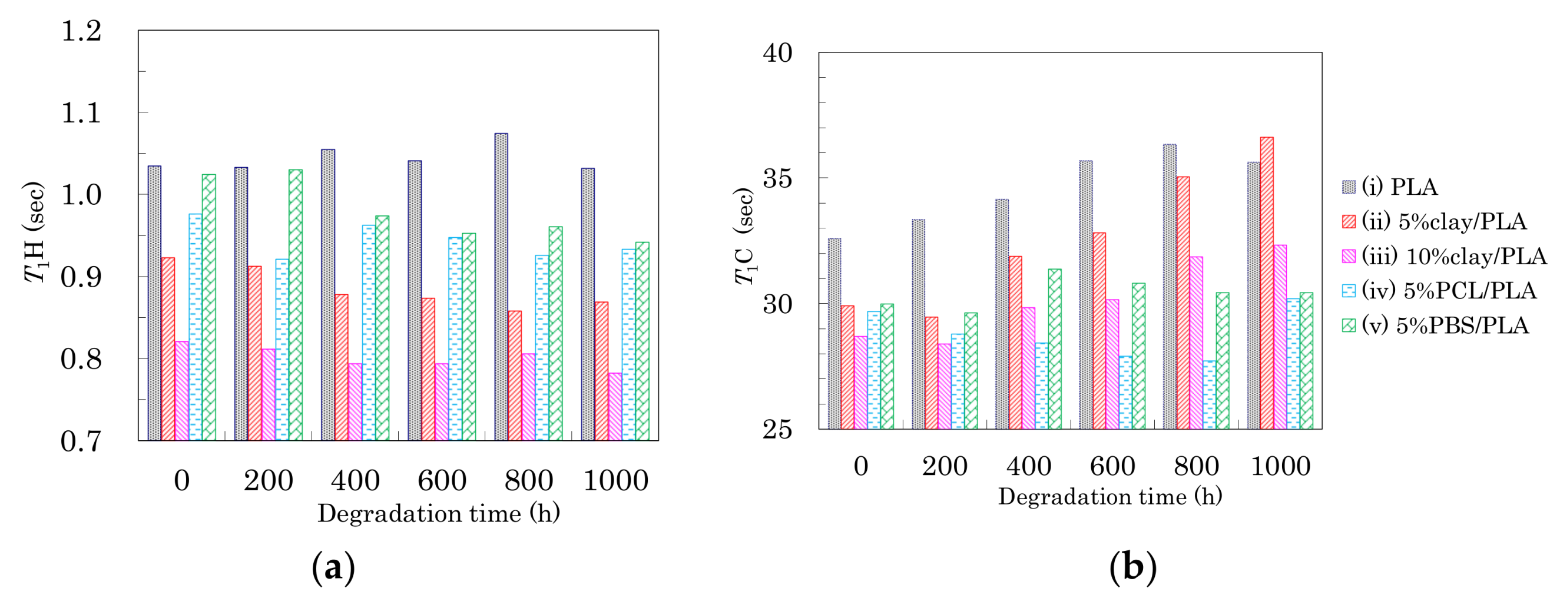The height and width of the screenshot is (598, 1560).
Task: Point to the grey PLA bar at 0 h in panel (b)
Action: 834,334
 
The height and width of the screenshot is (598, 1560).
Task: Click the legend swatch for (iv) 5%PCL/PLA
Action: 1349,291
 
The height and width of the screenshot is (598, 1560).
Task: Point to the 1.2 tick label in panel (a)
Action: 81,31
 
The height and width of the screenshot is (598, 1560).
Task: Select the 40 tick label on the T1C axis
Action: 777,52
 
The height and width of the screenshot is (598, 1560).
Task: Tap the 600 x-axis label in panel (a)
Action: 442,481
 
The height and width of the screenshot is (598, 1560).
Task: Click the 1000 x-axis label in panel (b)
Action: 1280,466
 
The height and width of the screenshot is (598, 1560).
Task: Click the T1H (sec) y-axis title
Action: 35,232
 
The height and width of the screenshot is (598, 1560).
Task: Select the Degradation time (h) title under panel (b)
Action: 1109,497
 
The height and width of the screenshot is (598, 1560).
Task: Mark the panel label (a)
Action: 333,567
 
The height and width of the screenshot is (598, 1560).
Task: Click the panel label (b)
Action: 1132,567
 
